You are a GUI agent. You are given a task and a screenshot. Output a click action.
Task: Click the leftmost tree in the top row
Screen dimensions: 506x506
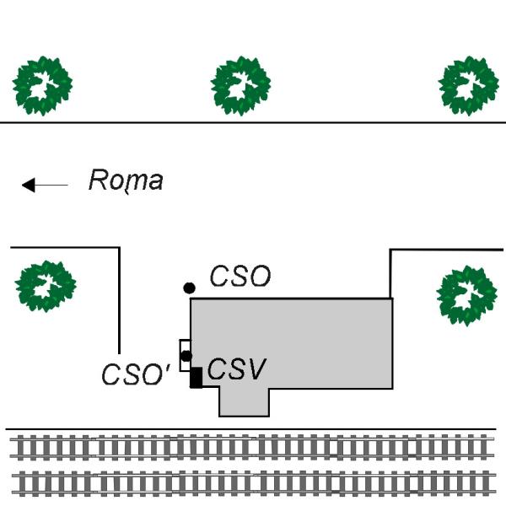pos(42,85)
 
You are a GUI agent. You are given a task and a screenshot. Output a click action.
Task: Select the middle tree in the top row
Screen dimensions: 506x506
pos(240,85)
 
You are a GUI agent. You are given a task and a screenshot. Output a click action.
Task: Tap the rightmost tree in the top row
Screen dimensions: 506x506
pos(468,85)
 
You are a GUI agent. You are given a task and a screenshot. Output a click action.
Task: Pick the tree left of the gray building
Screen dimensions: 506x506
pos(46,286)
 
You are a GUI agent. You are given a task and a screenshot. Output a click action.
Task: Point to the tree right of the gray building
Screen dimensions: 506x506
pos(466,295)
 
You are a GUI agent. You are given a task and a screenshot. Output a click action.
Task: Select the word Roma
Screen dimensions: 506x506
pos(126,180)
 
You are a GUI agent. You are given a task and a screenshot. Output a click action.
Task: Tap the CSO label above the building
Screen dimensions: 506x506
pos(240,277)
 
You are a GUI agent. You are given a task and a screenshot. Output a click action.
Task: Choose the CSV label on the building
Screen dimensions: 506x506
pos(237,369)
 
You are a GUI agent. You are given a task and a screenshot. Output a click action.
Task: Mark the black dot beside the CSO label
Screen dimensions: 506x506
pos(190,288)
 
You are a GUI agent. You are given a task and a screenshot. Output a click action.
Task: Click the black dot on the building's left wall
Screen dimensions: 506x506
pos(186,356)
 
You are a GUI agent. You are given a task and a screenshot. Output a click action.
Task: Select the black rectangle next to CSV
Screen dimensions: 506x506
pos(196,378)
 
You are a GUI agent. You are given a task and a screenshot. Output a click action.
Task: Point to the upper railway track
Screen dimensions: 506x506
pos(253,447)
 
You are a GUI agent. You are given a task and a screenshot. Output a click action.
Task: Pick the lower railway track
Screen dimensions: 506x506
pos(253,482)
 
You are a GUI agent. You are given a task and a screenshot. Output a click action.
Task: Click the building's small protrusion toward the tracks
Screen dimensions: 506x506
pos(244,402)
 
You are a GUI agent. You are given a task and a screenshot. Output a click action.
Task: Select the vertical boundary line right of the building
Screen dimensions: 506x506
pos(390,273)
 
